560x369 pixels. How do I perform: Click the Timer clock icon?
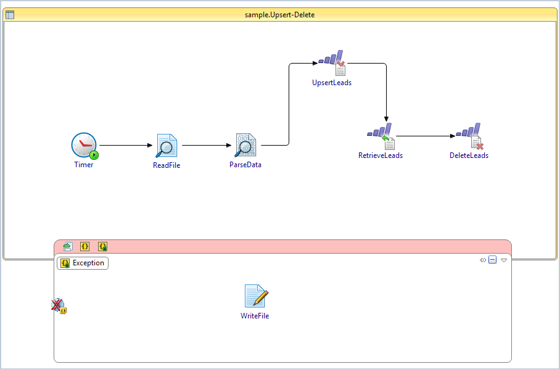pos(84,146)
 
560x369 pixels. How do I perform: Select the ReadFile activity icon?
pos(166,146)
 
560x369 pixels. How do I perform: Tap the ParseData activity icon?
pos(245,146)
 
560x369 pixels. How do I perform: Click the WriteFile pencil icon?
pos(256,296)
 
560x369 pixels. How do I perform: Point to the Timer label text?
pos(84,165)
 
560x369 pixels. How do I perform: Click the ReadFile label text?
pos(167,165)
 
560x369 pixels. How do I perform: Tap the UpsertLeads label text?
pos(332,83)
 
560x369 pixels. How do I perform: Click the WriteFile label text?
pos(255,316)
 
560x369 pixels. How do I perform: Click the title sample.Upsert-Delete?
pos(279,14)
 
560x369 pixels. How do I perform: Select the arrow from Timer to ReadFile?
pos(124,146)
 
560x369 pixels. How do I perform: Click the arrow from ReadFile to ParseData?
pos(207,146)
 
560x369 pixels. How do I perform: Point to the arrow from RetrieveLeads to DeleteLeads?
pos(426,136)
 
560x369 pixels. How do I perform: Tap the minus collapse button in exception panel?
pos(493,260)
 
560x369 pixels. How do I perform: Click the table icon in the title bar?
pos(10,14)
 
